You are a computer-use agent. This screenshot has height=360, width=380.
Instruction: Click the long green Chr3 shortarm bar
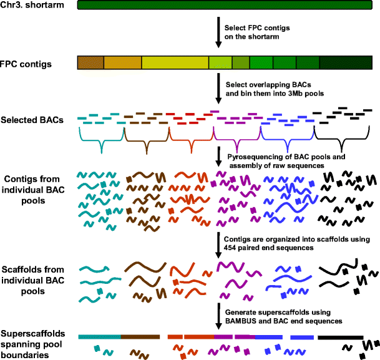(227, 6)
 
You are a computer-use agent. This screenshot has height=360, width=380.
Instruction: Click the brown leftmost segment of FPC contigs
(90, 62)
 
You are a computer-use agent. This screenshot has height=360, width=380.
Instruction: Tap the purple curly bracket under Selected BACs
(236, 139)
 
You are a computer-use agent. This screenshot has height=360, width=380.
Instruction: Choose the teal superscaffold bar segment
(100, 336)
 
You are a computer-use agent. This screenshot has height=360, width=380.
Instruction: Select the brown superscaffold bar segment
(141, 336)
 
